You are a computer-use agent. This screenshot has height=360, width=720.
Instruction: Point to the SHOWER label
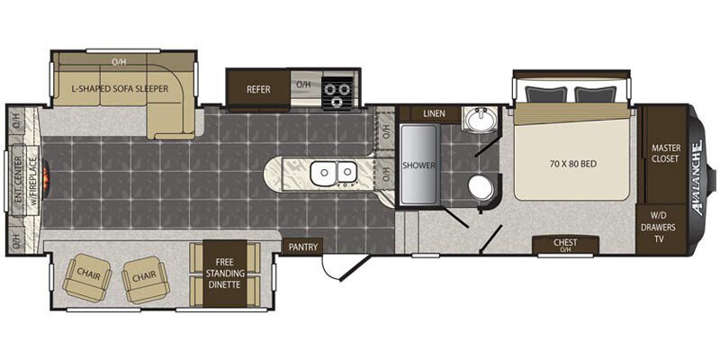[x=418, y=166]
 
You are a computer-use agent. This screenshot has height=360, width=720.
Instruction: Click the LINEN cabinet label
[x=433, y=113]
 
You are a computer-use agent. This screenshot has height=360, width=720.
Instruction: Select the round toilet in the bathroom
[x=481, y=187]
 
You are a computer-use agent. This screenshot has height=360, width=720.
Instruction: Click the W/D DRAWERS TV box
[x=663, y=228]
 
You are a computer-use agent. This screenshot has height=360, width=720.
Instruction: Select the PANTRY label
[x=303, y=246]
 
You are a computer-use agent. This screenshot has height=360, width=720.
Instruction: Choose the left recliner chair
[x=87, y=278]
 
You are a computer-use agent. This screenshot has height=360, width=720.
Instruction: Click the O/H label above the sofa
[x=118, y=61]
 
